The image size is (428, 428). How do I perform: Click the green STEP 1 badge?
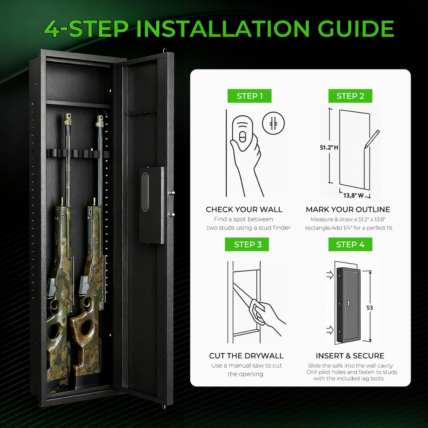(x=249, y=96)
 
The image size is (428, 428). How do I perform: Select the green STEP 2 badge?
(x=350, y=96)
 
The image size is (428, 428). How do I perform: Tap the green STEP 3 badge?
(x=247, y=244)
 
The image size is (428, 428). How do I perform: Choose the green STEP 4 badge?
(x=350, y=244)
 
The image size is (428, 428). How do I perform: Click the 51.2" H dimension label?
(x=329, y=147)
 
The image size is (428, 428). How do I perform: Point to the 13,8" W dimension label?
(x=353, y=195)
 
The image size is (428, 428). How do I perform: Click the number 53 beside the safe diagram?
(x=369, y=308)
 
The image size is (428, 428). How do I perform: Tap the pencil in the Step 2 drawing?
(x=372, y=139)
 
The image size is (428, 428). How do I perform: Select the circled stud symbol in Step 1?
(x=273, y=123)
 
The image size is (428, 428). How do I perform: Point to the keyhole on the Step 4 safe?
(x=348, y=303)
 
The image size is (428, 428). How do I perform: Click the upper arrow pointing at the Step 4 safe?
(x=330, y=275)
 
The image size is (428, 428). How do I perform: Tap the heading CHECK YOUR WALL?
(x=244, y=209)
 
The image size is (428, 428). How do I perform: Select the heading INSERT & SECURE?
(x=350, y=356)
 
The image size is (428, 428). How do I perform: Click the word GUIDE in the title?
(x=356, y=29)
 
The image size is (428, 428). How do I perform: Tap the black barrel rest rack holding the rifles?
(x=78, y=154)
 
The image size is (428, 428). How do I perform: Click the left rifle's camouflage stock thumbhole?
(x=54, y=331)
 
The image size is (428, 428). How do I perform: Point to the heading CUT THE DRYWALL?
(x=246, y=356)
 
